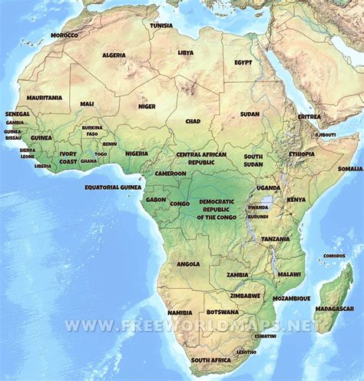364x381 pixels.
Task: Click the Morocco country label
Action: pyautogui.click(x=65, y=35)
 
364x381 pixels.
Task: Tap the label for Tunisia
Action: pyautogui.click(x=161, y=25)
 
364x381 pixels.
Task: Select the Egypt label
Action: pyautogui.click(x=243, y=62)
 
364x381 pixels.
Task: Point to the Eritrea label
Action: pyautogui.click(x=309, y=117)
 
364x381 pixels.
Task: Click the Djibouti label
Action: pyautogui.click(x=325, y=134)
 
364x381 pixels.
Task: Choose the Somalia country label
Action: pyautogui.click(x=350, y=168)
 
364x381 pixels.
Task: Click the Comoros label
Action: pyautogui.click(x=334, y=256)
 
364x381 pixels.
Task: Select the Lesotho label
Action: pyautogui.click(x=247, y=352)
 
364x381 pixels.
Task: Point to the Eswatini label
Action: pyautogui.click(x=266, y=336)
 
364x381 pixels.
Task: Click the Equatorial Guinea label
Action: pyautogui.click(x=114, y=186)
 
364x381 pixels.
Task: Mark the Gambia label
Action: pyautogui.click(x=15, y=122)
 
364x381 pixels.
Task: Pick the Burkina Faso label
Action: pyautogui.click(x=92, y=131)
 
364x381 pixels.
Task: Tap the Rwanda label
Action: pyautogui.click(x=258, y=207)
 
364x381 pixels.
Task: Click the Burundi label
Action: pyautogui.click(x=258, y=216)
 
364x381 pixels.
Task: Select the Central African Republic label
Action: pyautogui.click(x=201, y=158)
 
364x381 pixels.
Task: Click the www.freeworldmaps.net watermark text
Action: pyautogui.click(x=192, y=326)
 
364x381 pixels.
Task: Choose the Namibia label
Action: pyautogui.click(x=180, y=313)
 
